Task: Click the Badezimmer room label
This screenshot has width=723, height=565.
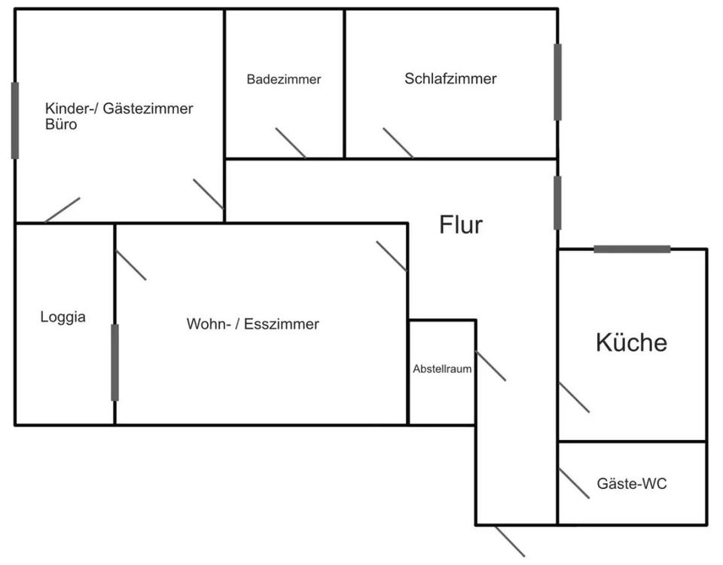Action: pos(284,79)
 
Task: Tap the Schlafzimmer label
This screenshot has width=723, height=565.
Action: pos(450,78)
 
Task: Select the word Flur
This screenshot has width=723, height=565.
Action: pos(461,224)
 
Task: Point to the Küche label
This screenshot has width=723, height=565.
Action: pos(631,343)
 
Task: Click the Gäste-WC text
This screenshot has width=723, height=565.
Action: pos(631,484)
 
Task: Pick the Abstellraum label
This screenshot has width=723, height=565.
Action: pos(442,370)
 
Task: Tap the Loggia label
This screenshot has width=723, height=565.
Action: pos(63,317)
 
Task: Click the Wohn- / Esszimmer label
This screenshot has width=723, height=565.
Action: pos(253,325)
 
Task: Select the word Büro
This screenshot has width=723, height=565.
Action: pos(61,125)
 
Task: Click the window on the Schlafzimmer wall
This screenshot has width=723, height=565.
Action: pos(557,82)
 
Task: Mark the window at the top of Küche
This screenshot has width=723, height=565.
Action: pos(632,249)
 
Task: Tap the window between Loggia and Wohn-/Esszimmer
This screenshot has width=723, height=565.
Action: pos(114,362)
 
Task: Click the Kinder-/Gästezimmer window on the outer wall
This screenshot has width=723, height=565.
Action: pos(15,121)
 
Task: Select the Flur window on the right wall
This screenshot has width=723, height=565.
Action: pos(557,203)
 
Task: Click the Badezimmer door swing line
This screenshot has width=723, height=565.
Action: pos(291,143)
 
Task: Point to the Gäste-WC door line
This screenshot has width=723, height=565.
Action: pos(574,484)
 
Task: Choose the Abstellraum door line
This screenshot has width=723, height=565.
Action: pos(490,366)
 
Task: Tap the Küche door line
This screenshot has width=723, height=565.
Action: pos(574,397)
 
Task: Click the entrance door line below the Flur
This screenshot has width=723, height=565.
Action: pos(510,541)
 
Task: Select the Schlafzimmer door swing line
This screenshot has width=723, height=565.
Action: pos(398,143)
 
